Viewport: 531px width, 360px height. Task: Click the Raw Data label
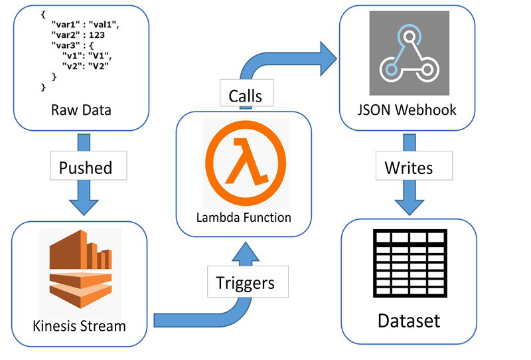80,110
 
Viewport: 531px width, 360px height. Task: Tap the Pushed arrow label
86,167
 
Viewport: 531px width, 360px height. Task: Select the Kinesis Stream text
80,325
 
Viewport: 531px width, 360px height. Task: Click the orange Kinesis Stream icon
80,272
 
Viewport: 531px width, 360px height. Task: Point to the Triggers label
245,282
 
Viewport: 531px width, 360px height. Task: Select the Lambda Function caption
243,217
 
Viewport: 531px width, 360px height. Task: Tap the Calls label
245,96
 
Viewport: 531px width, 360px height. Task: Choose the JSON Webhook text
408,110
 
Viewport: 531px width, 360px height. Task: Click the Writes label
408,167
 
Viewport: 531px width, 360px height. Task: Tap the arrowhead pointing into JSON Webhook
327,58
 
